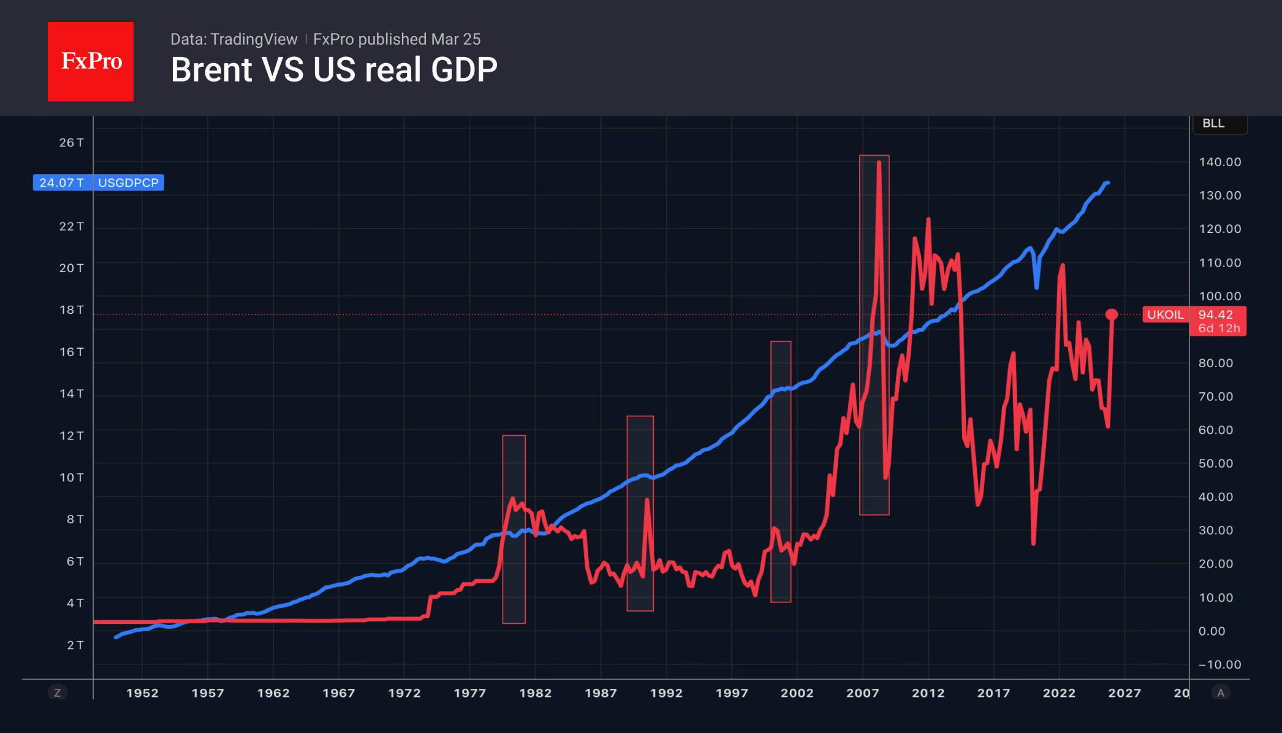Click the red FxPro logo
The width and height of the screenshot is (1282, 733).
tap(91, 61)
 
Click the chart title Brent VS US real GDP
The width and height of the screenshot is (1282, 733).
tap(334, 70)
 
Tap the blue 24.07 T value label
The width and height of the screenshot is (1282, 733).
tap(62, 183)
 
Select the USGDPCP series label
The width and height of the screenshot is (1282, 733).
tap(128, 183)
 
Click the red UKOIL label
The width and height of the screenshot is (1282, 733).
tap(1165, 315)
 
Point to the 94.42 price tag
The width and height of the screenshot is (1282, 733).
tap(1216, 315)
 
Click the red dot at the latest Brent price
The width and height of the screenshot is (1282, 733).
tap(1112, 314)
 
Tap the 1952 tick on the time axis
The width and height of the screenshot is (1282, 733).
tap(142, 693)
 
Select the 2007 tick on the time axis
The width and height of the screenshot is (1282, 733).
tap(862, 693)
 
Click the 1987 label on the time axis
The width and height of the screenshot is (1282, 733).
tap(601, 693)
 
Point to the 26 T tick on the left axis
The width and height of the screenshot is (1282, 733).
tap(71, 143)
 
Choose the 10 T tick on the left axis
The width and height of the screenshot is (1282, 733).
tap(71, 477)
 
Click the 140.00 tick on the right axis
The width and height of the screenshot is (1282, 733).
tap(1219, 162)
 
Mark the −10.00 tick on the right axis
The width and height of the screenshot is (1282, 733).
tap(1219, 665)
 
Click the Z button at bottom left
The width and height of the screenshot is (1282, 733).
tap(58, 693)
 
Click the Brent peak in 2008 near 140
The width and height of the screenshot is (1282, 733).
tap(879, 162)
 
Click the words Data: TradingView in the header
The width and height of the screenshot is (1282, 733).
tap(233, 39)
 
